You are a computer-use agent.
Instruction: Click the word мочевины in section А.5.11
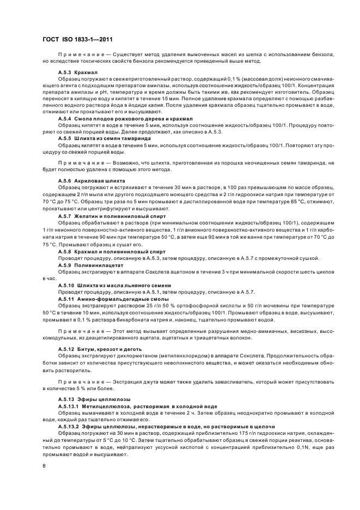(263, 307)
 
